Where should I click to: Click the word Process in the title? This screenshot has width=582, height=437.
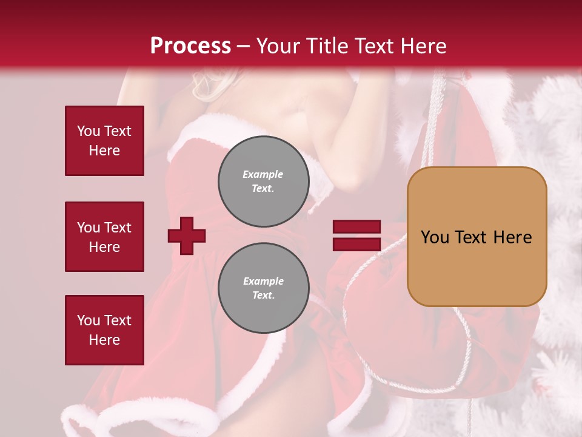click(190, 46)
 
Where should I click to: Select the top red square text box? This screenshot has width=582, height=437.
click(104, 141)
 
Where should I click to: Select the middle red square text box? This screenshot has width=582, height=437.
click(104, 237)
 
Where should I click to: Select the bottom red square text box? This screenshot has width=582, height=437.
click(104, 330)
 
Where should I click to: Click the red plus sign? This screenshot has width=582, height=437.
click(187, 235)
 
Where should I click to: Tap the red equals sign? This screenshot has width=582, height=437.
click(356, 235)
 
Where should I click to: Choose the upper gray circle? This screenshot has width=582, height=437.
click(264, 181)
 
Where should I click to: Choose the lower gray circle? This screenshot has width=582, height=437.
click(264, 288)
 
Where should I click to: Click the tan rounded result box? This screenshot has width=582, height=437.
click(477, 237)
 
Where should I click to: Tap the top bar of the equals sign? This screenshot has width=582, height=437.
click(356, 226)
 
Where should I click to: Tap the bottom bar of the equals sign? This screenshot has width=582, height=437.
click(356, 245)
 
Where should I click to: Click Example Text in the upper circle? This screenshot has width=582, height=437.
click(263, 181)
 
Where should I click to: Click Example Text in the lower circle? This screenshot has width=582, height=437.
click(263, 288)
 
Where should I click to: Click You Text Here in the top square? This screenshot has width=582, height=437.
click(104, 141)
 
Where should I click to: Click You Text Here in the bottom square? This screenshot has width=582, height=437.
click(104, 330)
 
